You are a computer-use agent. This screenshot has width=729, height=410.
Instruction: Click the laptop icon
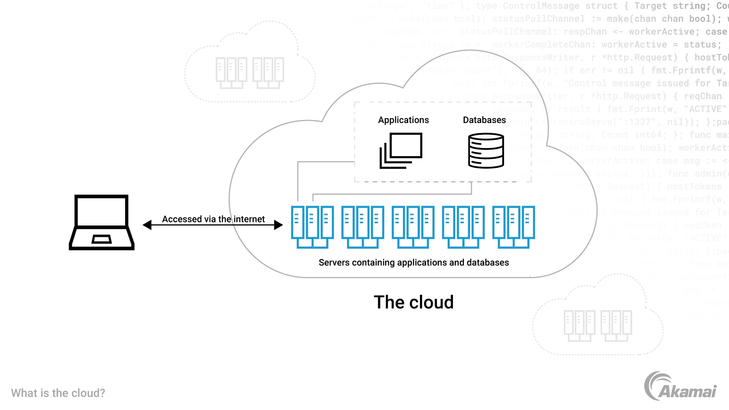click(101, 222)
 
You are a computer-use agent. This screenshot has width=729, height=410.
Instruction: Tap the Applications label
click(403, 120)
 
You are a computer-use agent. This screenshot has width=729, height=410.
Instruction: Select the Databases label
click(484, 120)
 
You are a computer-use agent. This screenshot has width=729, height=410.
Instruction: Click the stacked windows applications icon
click(401, 151)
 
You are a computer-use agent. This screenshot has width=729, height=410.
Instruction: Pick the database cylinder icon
click(486, 151)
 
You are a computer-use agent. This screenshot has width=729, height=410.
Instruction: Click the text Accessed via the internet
click(213, 219)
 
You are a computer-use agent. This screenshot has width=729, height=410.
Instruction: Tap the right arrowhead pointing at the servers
click(278, 225)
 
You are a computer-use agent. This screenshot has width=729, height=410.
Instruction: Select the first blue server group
click(312, 227)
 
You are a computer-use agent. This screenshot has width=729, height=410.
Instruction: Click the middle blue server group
click(413, 227)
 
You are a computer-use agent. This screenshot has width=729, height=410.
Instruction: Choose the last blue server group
click(513, 227)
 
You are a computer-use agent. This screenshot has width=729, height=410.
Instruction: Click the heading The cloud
click(413, 302)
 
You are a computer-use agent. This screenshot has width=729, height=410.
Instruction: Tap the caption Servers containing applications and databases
click(413, 262)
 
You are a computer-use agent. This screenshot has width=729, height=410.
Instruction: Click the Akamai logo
click(680, 386)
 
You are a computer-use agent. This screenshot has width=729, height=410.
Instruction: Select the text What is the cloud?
click(58, 393)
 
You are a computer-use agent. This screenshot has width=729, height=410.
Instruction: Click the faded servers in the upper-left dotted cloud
click(249, 73)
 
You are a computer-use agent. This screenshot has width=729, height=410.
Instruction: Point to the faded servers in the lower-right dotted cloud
click(598, 326)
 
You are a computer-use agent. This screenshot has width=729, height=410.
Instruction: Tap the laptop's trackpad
click(101, 239)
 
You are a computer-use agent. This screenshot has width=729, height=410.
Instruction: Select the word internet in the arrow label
click(249, 219)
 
